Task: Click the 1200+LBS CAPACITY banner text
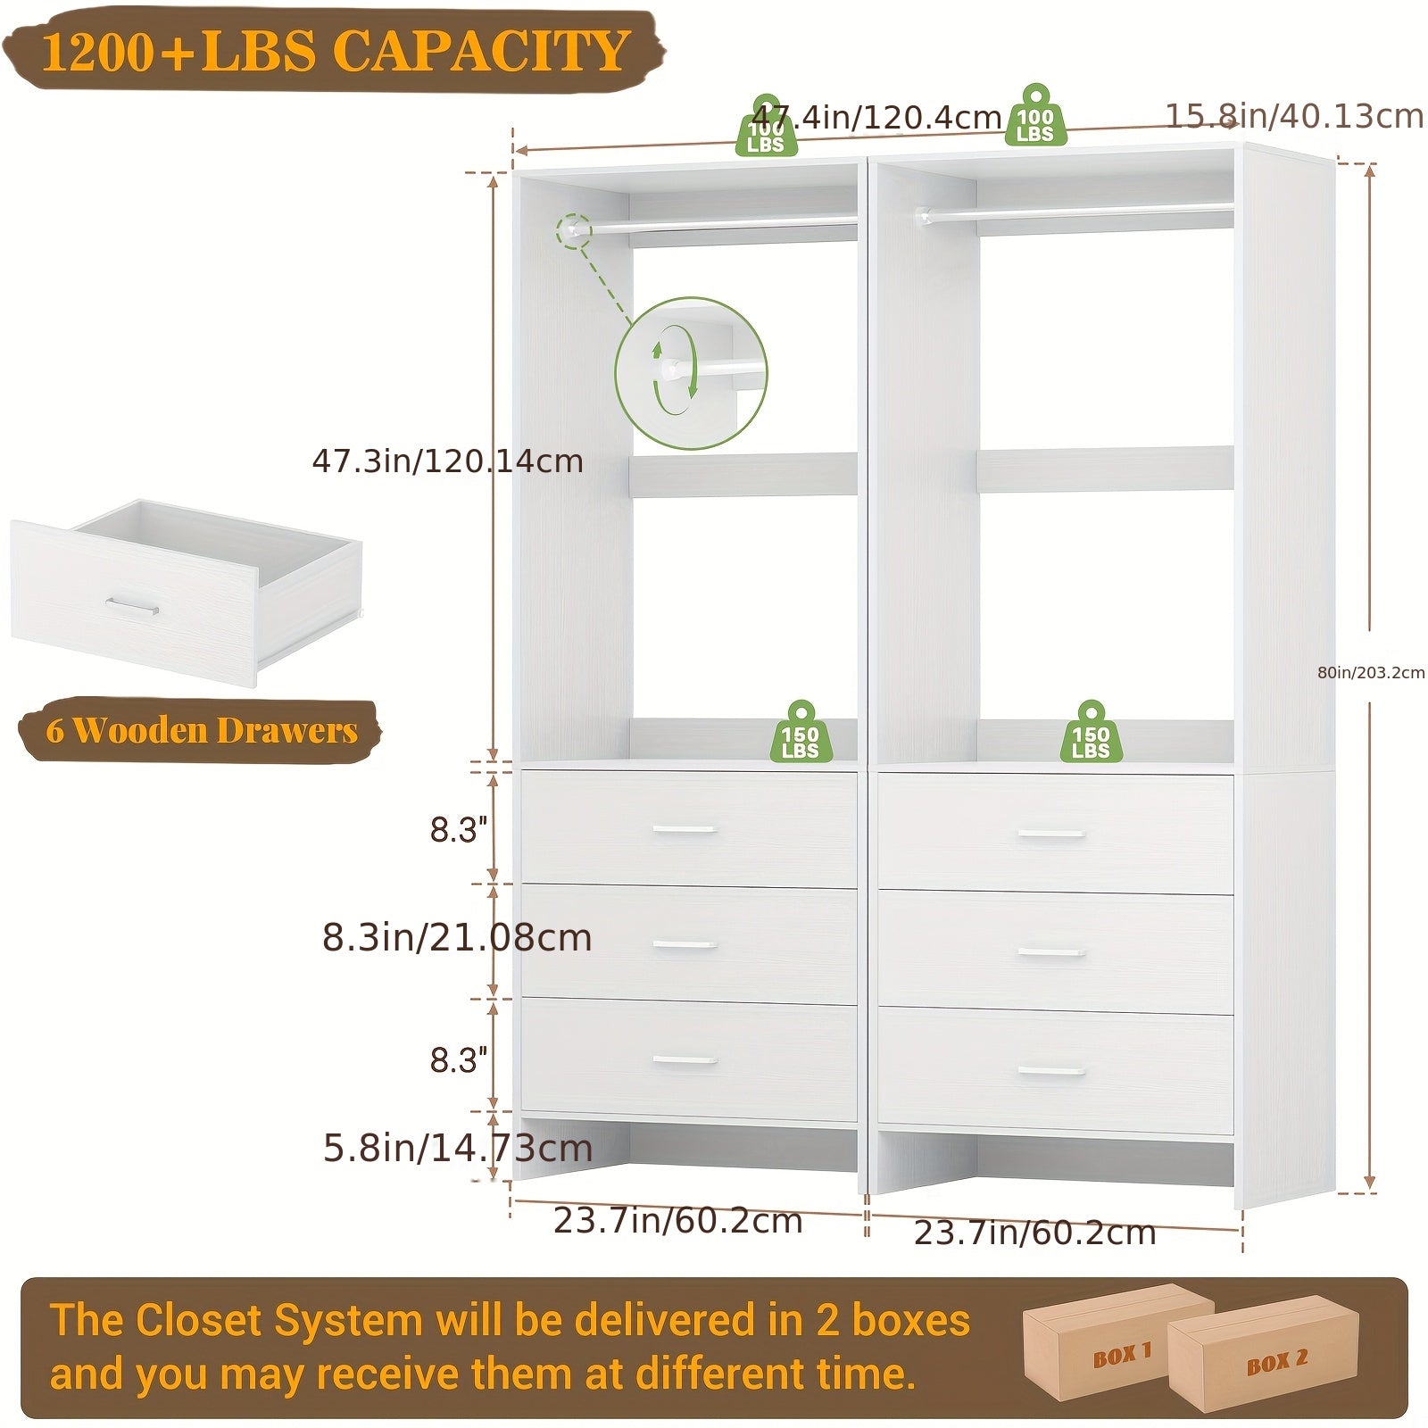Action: [336, 50]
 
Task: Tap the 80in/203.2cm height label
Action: [1371, 672]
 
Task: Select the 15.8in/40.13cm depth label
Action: [1294, 116]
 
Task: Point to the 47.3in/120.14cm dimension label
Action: [447, 461]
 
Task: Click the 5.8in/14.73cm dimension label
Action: [458, 1148]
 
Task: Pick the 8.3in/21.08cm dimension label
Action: [457, 937]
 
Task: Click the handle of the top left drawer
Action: [685, 829]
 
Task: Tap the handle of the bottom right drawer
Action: [1051, 1070]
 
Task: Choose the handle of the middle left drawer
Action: [685, 944]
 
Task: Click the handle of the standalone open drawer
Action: [132, 607]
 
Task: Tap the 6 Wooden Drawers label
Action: [202, 730]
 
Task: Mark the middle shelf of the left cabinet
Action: [743, 474]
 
